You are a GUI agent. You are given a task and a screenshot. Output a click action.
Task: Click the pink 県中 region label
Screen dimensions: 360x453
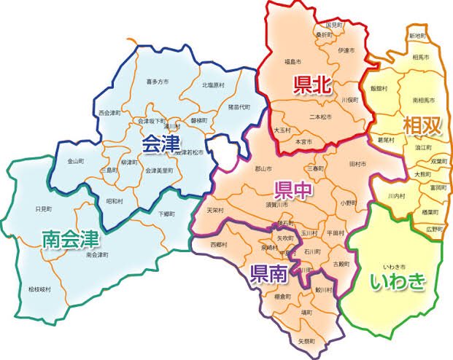tap(294, 191)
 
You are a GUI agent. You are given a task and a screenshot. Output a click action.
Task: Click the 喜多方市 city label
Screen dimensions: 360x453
tap(158, 82)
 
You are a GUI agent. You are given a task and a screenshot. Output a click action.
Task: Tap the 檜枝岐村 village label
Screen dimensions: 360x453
tap(41, 289)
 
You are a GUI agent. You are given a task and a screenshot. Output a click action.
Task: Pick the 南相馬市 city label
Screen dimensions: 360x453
tap(425, 99)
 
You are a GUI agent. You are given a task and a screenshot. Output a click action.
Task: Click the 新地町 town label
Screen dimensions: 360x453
tap(417, 35)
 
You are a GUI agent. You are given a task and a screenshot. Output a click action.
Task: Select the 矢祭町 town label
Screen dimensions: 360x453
tap(306, 340)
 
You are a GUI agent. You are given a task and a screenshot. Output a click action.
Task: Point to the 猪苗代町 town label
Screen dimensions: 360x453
tap(238, 106)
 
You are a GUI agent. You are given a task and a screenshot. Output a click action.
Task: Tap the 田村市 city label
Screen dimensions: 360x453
tap(357, 163)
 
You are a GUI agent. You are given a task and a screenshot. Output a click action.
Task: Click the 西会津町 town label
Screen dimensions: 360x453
tap(111, 113)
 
